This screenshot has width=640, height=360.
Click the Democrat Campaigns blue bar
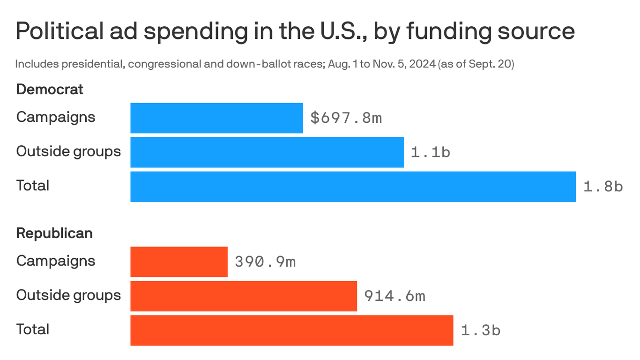click(216, 118)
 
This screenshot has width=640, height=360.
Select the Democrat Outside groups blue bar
click(267, 152)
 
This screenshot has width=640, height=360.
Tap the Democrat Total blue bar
click(353, 187)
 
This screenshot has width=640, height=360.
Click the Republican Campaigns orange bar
click(179, 262)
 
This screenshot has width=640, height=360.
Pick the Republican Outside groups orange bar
click(244, 296)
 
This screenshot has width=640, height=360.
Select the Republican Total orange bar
click(291, 330)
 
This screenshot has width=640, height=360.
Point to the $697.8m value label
click(346, 118)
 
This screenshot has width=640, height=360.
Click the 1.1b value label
click(430, 152)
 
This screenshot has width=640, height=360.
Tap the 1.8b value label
click(603, 187)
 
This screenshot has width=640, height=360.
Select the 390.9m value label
click(265, 262)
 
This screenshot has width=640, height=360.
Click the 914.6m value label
click(394, 296)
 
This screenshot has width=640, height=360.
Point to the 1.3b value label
click(480, 330)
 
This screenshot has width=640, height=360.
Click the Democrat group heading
click(50, 90)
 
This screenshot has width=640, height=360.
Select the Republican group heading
click(54, 233)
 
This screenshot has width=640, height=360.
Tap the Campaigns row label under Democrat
click(55, 117)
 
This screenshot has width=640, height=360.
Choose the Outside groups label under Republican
click(68, 295)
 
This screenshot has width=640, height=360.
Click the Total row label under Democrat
click(32, 186)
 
